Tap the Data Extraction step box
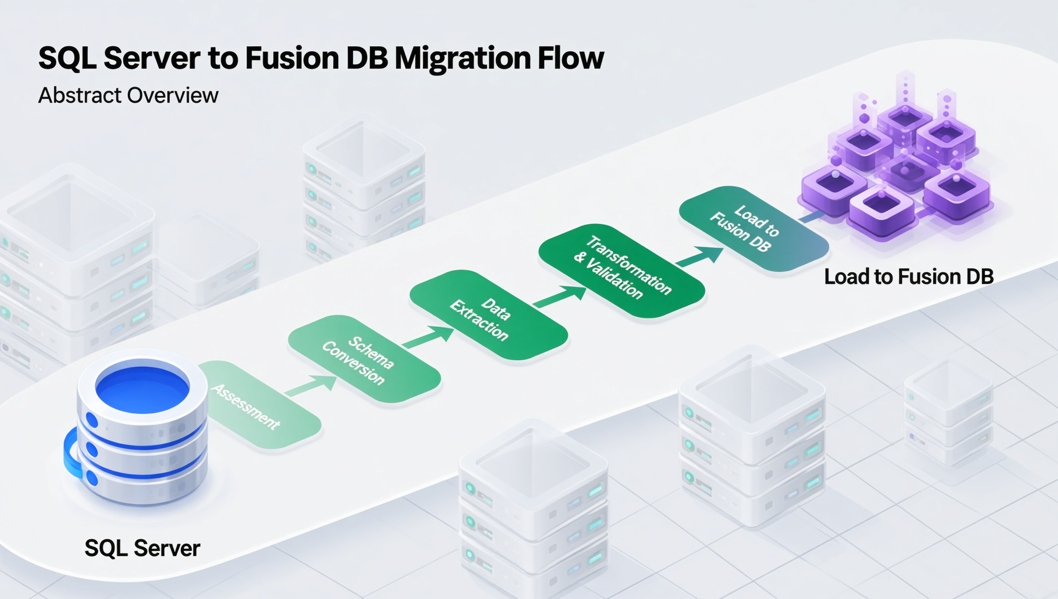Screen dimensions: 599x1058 [x=488, y=315]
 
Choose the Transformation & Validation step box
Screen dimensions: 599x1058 [x=621, y=270]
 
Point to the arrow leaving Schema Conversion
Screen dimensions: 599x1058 [x=429, y=337]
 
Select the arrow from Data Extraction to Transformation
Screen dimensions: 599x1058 [x=560, y=296]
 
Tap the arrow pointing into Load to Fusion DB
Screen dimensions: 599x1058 [x=699, y=256]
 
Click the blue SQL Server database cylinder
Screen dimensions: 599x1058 [x=142, y=431]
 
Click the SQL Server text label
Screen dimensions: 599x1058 [x=142, y=548]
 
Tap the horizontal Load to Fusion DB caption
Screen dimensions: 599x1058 [x=908, y=276]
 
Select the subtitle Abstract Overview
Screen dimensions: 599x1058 [x=129, y=95]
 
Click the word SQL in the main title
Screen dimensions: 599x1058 [x=67, y=58]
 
